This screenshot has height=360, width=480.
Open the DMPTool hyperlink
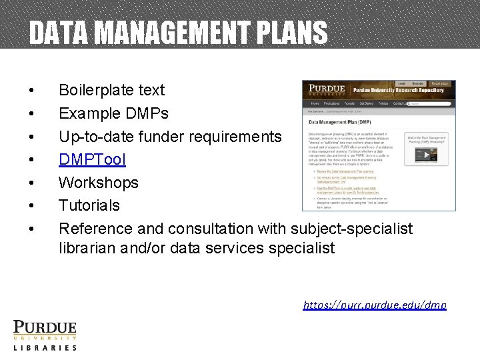coord(92,159)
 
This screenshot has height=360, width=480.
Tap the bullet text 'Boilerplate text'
coord(111,90)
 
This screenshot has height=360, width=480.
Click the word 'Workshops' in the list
coord(99,183)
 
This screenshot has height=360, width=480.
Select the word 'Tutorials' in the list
coord(89,205)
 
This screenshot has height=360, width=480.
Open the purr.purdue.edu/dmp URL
coord(375,305)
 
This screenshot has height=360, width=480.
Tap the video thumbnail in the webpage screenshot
coord(424,155)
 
